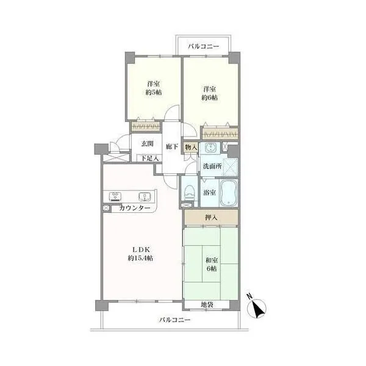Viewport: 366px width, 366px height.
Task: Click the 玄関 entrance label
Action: click(x=147, y=143)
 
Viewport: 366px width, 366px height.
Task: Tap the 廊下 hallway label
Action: click(x=172, y=146)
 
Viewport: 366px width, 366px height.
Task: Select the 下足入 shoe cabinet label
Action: click(x=150, y=158)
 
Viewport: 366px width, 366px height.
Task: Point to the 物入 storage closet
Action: click(x=191, y=147)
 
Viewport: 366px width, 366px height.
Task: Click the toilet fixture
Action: click(x=190, y=193)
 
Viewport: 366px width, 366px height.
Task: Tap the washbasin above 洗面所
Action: click(x=212, y=148)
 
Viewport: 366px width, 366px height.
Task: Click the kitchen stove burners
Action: click(x=115, y=196)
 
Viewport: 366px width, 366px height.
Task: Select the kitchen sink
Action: click(x=145, y=196)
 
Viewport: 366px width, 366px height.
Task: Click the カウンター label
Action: click(x=135, y=208)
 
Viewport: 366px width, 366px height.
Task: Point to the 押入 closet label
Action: click(x=211, y=218)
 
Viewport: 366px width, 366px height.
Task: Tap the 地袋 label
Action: click(x=207, y=304)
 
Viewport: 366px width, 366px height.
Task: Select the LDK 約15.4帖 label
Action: click(x=140, y=254)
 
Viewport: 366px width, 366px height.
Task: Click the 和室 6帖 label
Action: click(x=212, y=264)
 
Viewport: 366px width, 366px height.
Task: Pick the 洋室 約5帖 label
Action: click(x=154, y=88)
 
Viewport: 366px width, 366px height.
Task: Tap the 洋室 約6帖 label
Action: click(x=209, y=93)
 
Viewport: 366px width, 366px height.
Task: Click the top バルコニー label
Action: click(x=204, y=46)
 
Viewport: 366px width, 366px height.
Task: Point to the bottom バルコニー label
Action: click(x=175, y=320)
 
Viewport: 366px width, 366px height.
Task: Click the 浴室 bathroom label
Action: click(x=209, y=193)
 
